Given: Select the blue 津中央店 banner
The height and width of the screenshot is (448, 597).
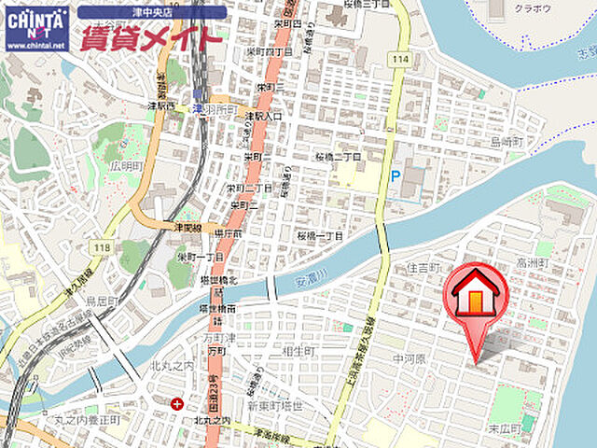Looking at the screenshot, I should point(152,12).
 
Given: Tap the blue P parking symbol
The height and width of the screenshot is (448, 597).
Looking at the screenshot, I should point(395,175).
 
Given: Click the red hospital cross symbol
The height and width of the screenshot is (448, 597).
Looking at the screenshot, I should point(177,403).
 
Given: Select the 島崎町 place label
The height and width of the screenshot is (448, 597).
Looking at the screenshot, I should point(508,142).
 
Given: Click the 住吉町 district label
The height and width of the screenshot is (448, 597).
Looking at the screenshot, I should point(423,268).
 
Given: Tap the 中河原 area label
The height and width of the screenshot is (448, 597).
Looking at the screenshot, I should point(409,357).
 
